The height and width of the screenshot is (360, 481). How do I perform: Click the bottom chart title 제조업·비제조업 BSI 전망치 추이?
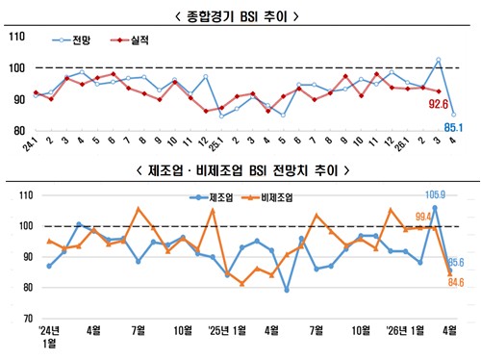coord(240,173)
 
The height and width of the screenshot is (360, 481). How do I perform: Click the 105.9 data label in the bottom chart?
coord(435,195)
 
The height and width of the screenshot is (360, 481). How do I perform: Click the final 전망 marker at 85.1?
coord(453,115)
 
